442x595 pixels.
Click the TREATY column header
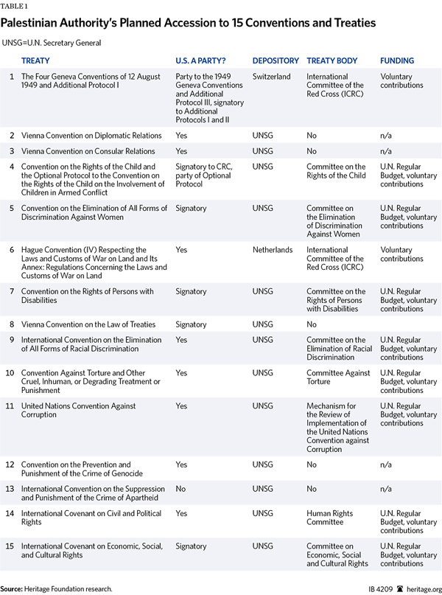coord(36,60)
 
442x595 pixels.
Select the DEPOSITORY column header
coord(276,60)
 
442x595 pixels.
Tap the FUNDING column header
coord(397,60)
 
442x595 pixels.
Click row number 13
coord(11,489)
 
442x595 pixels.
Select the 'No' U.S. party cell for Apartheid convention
coord(181,489)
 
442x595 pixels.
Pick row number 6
coord(11,250)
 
